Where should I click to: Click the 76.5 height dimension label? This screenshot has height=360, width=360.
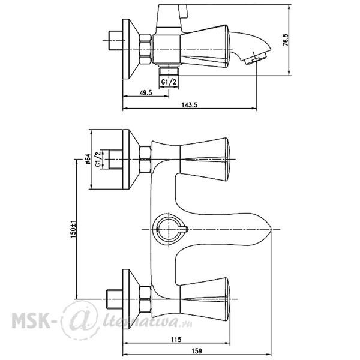(286, 40)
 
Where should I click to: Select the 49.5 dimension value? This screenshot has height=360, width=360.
(146, 93)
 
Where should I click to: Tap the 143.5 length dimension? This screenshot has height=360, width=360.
(190, 105)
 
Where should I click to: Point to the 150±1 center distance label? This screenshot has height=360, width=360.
(73, 229)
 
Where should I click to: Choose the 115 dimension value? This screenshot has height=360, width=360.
(176, 340)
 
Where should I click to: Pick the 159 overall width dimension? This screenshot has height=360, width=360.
(197, 351)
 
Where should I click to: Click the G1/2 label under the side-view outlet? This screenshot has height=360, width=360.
(169, 82)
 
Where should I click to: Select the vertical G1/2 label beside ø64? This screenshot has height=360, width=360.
(98, 159)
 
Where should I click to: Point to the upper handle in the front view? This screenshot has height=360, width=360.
(205, 159)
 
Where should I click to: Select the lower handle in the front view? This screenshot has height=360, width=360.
(205, 299)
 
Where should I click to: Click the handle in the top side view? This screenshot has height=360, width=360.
(205, 47)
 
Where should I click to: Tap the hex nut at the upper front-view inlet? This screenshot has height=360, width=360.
(145, 160)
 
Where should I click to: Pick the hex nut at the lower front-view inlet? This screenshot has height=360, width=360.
(145, 299)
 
